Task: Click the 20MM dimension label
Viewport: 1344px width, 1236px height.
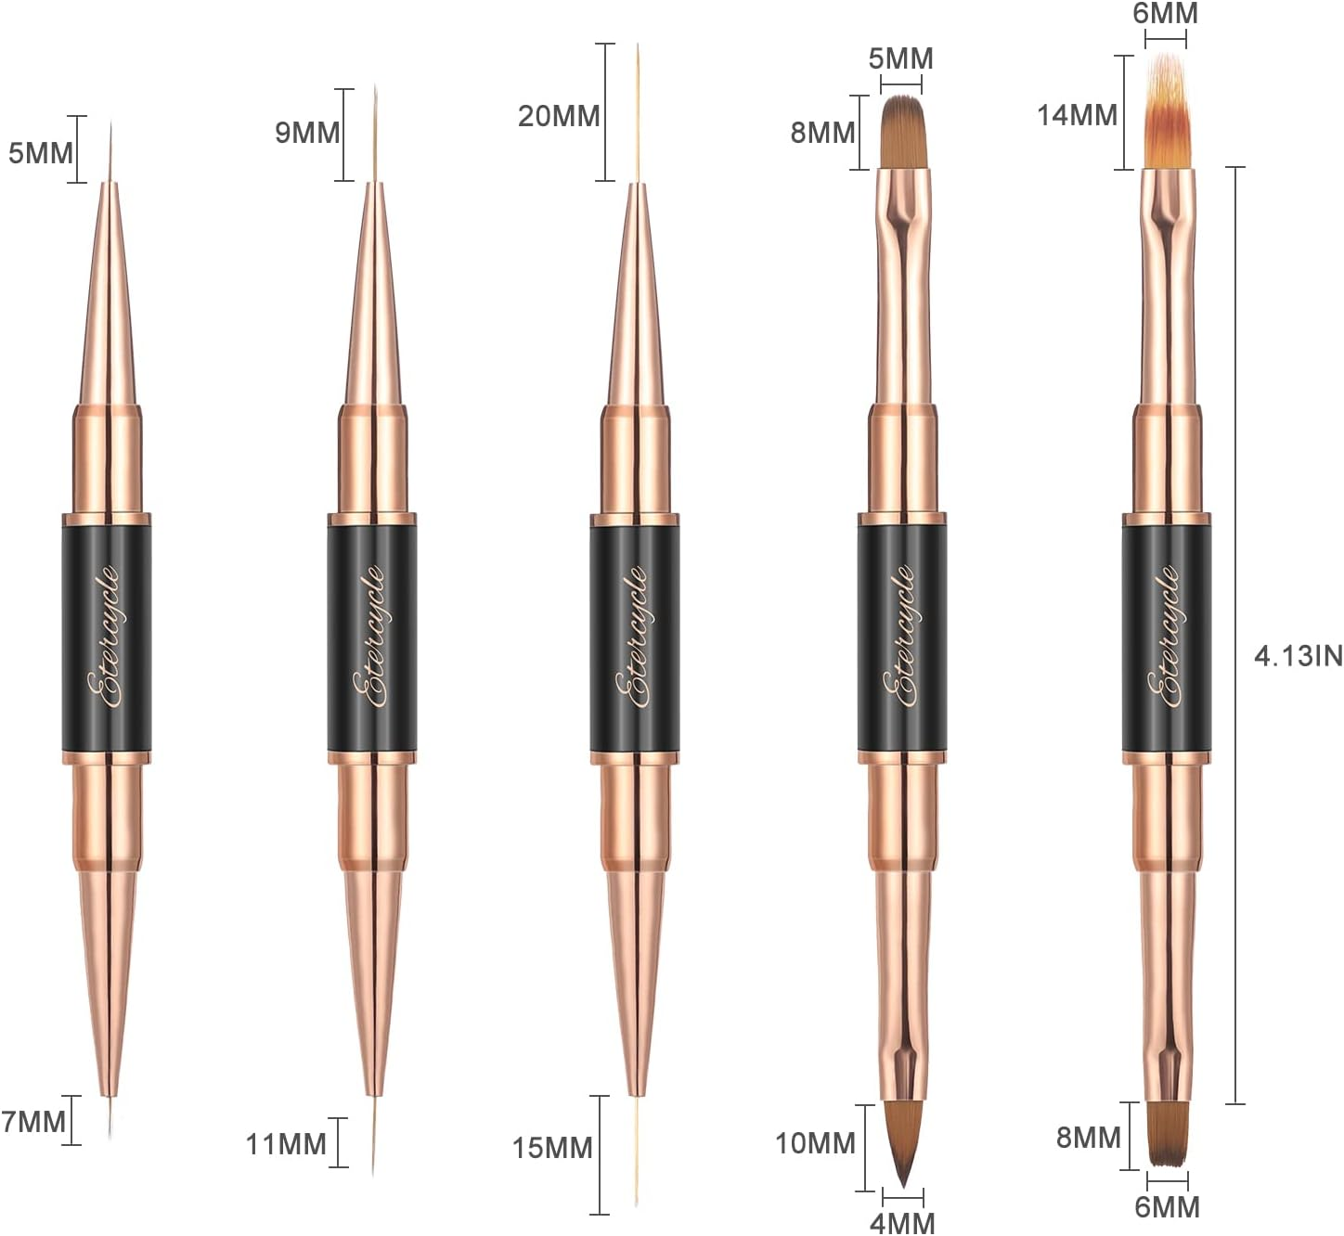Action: pyautogui.click(x=559, y=116)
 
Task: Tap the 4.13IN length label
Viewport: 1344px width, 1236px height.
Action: pyautogui.click(x=1298, y=656)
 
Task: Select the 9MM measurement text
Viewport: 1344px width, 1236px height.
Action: pyautogui.click(x=307, y=133)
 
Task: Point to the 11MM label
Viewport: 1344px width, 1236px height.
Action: pyautogui.click(x=286, y=1144)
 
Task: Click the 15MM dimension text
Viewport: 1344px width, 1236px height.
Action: pyautogui.click(x=552, y=1148)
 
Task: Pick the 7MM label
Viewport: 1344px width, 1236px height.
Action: pyautogui.click(x=33, y=1122)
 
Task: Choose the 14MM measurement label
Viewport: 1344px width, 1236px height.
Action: pyautogui.click(x=1077, y=115)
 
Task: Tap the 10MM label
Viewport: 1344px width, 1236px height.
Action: pyautogui.click(x=815, y=1143)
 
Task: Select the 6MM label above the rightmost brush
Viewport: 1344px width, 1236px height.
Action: pyautogui.click(x=1165, y=14)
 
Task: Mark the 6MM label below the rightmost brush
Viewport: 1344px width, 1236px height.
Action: pyautogui.click(x=1167, y=1207)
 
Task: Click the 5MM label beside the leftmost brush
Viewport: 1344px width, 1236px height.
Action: pyautogui.click(x=41, y=152)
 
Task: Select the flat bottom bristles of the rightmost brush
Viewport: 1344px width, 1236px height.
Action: pyautogui.click(x=1167, y=1134)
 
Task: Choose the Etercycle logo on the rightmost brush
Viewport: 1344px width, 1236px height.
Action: pyautogui.click(x=1167, y=637)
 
